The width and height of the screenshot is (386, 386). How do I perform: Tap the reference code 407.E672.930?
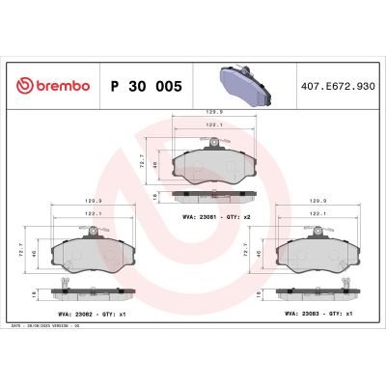point(339,86)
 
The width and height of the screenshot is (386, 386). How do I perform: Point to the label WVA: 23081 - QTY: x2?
point(216,217)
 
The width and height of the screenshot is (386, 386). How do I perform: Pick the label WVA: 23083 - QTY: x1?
point(317,315)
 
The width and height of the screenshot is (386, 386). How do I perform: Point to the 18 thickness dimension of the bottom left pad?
point(36,291)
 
